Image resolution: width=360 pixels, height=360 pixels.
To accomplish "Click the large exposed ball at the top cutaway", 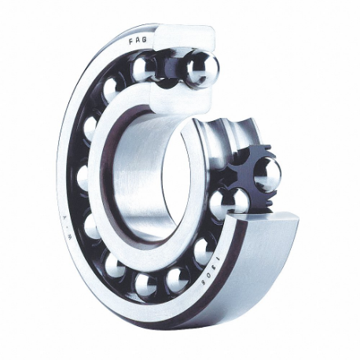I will (x=201, y=70).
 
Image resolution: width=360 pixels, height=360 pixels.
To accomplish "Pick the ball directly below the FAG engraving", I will (x=143, y=68).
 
